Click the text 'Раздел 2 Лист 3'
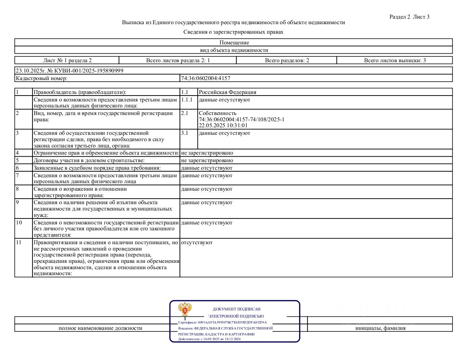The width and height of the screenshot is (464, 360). tap(409, 17)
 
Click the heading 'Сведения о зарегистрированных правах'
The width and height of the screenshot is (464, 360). tap(233, 32)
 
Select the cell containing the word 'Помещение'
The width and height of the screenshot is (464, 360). tap(234, 42)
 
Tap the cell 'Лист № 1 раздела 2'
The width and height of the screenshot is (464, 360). tap(67, 60)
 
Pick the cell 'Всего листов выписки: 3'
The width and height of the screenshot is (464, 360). tap(395, 60)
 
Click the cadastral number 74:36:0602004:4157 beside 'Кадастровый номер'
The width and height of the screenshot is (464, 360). tap(205, 78)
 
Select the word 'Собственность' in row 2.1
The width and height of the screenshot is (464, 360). tap(218, 113)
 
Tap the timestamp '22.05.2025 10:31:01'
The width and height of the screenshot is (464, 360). tap(223, 125)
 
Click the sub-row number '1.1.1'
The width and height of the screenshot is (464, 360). tap(186, 100)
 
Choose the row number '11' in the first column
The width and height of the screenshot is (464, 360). tap(19, 242)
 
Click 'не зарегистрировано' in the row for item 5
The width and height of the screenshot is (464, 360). tap(207, 161)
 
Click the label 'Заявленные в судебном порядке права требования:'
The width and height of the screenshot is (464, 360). tap(97, 168)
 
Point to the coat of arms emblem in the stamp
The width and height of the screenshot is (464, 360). tap(185, 309)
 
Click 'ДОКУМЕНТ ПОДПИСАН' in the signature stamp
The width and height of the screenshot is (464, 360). tap(237, 309)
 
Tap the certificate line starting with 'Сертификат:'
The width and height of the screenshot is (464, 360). tap(222, 322)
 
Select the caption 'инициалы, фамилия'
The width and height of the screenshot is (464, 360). tap(380, 328)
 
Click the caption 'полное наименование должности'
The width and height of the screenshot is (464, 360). tap(100, 328)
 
